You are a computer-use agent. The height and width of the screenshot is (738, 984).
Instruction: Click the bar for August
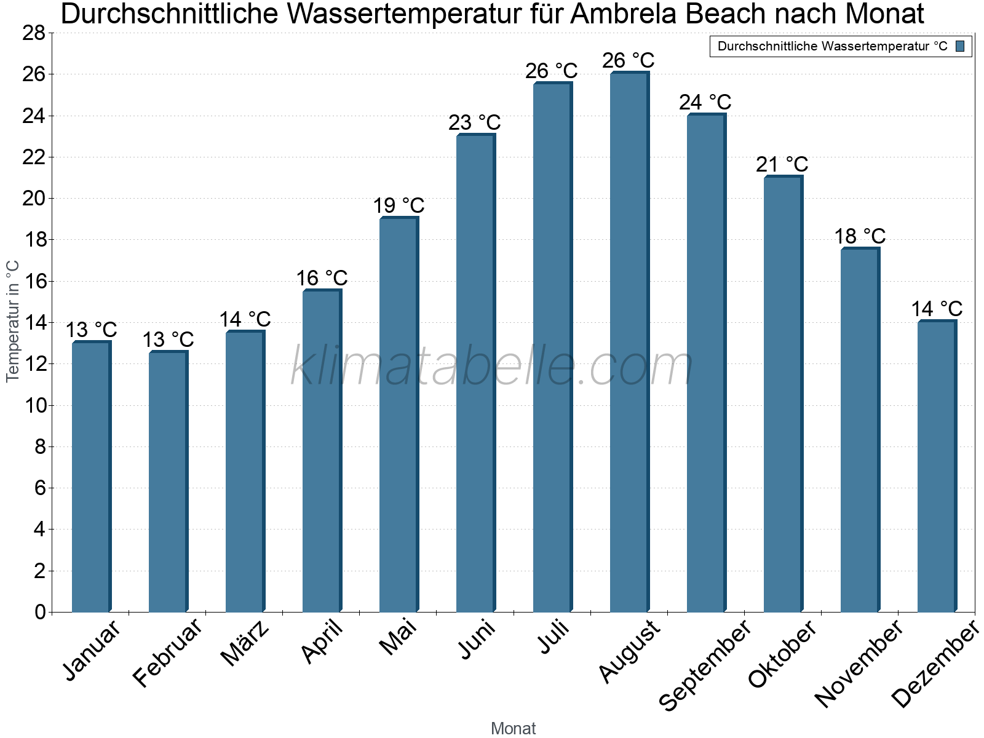click(629, 342)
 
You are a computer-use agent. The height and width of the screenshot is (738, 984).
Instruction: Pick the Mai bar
click(399, 415)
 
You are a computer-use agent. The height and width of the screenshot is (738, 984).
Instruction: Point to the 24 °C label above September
click(705, 102)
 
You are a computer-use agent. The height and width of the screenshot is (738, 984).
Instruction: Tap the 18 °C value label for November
click(859, 236)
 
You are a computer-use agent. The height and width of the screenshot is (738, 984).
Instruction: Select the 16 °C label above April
click(322, 278)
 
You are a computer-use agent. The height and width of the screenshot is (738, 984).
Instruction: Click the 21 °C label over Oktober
click(782, 164)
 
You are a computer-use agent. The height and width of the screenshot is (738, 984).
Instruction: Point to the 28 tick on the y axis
click(34, 33)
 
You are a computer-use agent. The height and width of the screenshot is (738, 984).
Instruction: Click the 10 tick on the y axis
click(34, 405)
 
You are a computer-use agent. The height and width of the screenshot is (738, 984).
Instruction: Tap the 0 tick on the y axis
click(40, 612)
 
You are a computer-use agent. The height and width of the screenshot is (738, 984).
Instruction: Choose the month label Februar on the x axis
click(167, 653)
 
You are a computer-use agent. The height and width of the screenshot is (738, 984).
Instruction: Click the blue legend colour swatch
click(960, 46)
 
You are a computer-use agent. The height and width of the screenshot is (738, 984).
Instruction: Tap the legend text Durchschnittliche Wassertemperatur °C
click(832, 46)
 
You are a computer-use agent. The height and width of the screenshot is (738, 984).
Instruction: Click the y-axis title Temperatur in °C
click(13, 321)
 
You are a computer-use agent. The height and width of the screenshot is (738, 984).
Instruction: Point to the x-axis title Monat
click(513, 728)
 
